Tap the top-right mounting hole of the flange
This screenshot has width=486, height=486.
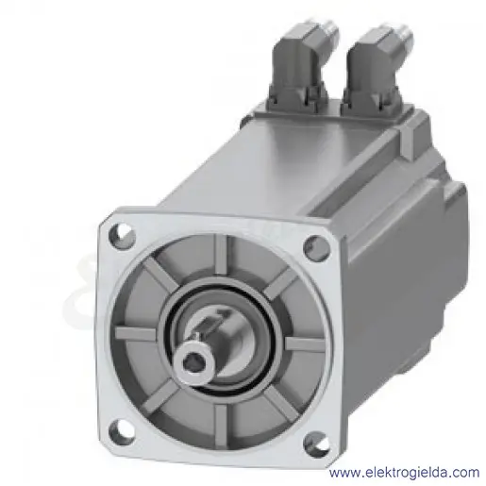click(317, 245)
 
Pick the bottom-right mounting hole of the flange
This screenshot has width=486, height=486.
click(316, 443)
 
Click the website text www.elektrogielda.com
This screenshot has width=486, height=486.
click(404, 472)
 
